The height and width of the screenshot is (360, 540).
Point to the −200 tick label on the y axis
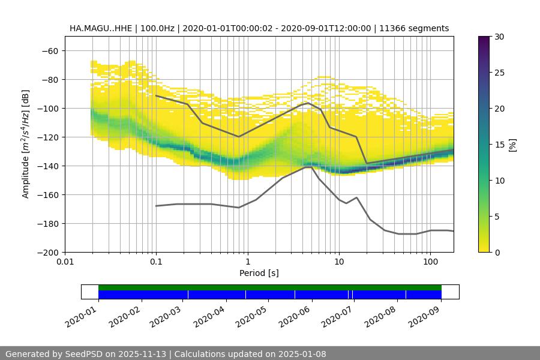(x=47, y=252)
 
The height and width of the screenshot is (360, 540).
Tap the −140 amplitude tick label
(x=47, y=166)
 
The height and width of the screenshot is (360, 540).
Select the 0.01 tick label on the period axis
(x=65, y=262)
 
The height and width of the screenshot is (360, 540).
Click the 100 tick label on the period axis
(x=430, y=262)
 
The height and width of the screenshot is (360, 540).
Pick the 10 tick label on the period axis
(x=338, y=262)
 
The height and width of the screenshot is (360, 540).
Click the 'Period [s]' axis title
(x=259, y=273)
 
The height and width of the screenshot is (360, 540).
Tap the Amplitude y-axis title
(x=26, y=144)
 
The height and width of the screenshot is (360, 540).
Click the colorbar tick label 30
(x=499, y=37)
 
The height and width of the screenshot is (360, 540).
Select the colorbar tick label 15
(x=499, y=145)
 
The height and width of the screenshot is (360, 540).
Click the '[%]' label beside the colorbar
(x=512, y=145)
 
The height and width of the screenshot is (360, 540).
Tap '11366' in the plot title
(x=392, y=28)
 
